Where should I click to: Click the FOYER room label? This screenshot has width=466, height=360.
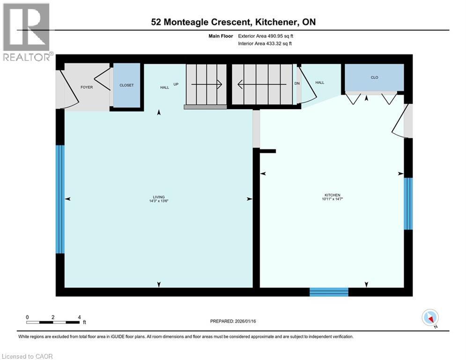coord(87,87)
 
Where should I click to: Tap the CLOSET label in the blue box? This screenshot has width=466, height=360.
coord(126,85)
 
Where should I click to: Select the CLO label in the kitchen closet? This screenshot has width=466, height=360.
coord(374,77)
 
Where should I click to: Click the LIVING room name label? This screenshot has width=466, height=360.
coord(158,197)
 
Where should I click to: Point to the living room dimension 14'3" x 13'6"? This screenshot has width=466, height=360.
coord(158,202)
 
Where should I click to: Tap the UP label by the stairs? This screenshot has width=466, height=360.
coord(177,84)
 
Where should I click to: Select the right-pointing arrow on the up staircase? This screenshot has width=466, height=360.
coord(207,84)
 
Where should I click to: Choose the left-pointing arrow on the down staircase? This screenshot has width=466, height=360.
coord(262,84)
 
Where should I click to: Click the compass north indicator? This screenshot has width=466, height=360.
coord(429,317)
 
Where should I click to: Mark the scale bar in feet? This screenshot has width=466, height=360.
coord(52,322)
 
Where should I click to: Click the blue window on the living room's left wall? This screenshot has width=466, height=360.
coord(60,199)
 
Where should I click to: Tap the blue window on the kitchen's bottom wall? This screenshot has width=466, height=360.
coord(329,292)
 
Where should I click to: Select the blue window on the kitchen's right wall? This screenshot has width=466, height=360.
coord(408,203)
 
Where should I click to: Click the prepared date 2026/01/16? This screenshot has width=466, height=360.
coord(252,321)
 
